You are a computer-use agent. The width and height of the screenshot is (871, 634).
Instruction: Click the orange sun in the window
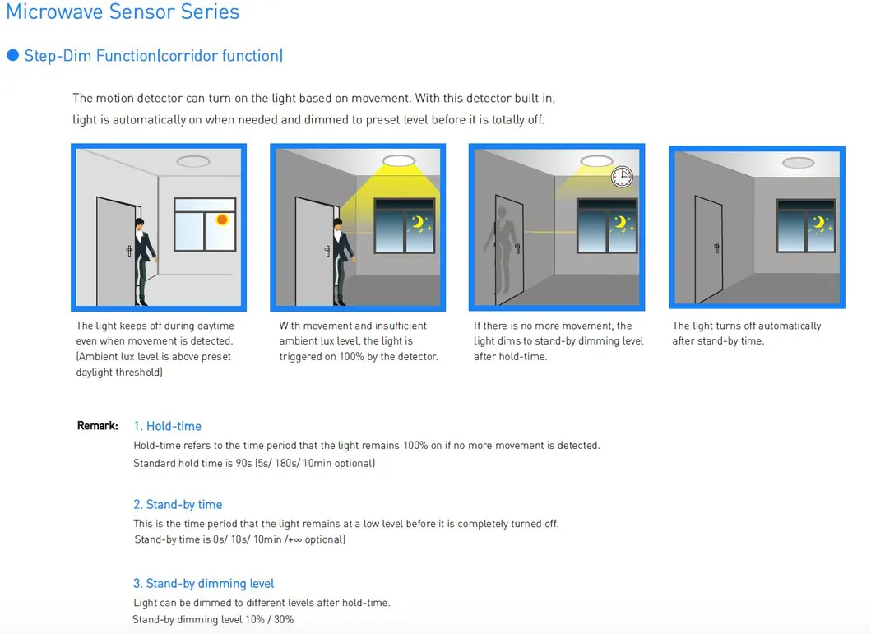point(222,220)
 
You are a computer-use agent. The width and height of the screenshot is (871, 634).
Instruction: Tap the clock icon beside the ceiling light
point(622,177)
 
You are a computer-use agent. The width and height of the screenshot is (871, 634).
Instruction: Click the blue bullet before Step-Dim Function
point(13,56)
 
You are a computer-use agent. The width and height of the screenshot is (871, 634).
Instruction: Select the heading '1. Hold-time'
point(167,426)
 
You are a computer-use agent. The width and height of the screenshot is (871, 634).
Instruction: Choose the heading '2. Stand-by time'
point(178,504)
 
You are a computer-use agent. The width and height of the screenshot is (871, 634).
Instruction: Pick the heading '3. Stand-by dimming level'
point(203,584)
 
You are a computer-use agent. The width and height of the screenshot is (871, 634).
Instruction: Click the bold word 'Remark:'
point(98,426)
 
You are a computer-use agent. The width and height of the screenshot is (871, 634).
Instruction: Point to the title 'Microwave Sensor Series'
point(123,12)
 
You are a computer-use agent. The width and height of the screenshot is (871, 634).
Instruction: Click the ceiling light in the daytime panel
point(193,161)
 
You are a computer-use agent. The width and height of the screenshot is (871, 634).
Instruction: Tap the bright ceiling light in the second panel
point(399,161)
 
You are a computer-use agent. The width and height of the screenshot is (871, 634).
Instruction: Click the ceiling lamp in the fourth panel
point(799,163)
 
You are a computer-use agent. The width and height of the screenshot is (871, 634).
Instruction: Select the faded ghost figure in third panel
point(502,250)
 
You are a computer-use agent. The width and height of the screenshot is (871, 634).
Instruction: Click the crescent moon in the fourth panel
point(819,223)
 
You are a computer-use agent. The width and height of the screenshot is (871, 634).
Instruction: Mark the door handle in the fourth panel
point(717,248)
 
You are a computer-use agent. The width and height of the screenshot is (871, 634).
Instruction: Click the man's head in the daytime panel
point(139,224)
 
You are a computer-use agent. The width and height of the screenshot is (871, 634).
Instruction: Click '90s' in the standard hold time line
point(243,463)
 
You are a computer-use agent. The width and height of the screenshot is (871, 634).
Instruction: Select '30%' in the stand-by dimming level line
point(283,619)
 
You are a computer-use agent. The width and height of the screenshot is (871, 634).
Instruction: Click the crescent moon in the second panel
point(417,222)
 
